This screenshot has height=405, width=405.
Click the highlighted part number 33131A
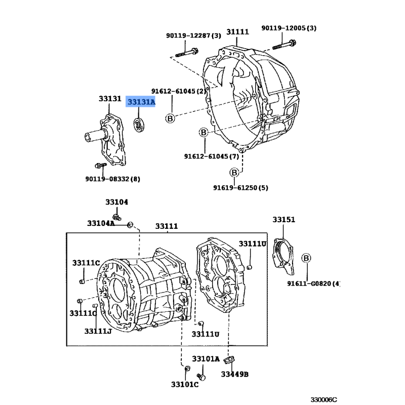click(x=141, y=102)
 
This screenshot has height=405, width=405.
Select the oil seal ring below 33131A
click(x=140, y=125)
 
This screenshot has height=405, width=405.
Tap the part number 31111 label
click(x=237, y=32)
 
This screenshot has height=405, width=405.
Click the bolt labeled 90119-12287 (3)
click(x=187, y=53)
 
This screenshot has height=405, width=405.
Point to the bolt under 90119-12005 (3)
click(x=284, y=45)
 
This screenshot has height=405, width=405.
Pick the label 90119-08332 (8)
click(x=112, y=179)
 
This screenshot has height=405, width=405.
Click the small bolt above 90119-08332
click(x=100, y=165)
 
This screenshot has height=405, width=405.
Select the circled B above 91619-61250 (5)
click(x=234, y=172)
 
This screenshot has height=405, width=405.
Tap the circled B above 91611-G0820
click(x=306, y=258)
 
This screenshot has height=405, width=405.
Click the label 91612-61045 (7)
click(x=211, y=156)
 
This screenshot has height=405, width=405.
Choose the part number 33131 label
click(x=110, y=98)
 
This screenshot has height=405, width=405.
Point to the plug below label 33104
click(x=117, y=217)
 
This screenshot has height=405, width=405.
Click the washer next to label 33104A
click(x=130, y=225)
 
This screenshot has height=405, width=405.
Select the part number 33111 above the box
click(x=167, y=226)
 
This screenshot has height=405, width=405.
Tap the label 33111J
click(x=98, y=331)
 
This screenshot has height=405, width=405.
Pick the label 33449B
click(x=234, y=374)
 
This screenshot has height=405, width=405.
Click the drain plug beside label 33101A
click(x=201, y=377)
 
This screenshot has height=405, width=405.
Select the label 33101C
click(x=185, y=385)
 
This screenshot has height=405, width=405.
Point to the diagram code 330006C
click(x=323, y=400)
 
